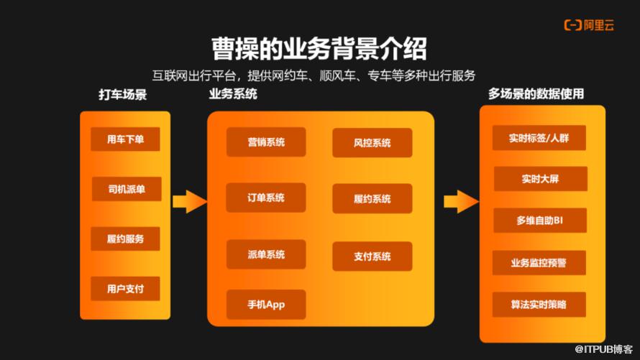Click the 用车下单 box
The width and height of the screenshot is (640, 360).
tap(126, 139)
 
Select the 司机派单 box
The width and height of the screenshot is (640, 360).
tap(126, 189)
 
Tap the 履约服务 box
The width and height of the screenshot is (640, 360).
tap(126, 239)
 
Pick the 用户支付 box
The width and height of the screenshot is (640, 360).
tap(126, 289)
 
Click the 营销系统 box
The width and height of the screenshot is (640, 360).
tap(266, 142)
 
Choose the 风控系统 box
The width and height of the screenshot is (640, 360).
tap(372, 143)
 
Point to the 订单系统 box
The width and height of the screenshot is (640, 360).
tap(266, 198)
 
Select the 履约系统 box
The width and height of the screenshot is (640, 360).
tap(372, 199)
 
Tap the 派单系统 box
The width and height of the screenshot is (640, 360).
tap(266, 254)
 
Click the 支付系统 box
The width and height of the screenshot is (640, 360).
tap(372, 257)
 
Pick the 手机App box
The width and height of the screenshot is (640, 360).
tap(266, 304)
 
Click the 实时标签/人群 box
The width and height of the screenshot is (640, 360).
tap(539, 137)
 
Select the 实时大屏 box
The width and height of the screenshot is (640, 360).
tap(539, 179)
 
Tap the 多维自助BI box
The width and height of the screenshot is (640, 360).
tap(539, 221)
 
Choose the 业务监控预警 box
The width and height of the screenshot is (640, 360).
tap(539, 263)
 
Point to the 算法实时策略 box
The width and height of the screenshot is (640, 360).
tap(539, 305)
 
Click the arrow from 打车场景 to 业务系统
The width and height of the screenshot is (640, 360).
tap(189, 201)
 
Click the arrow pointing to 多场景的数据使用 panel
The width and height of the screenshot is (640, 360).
tap(460, 201)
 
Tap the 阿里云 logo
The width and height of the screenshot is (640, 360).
tap(588, 25)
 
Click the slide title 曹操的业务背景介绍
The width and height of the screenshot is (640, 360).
tap(319, 49)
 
